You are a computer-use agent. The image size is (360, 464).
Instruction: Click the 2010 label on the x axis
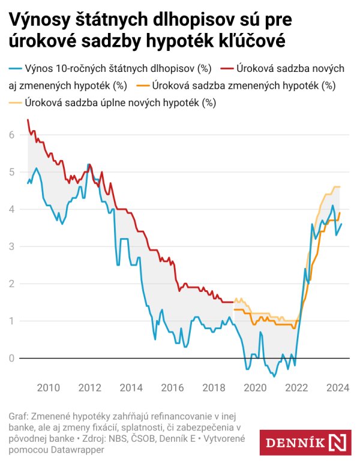48,387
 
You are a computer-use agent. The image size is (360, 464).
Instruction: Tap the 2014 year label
131,387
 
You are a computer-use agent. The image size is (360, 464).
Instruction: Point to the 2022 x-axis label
296,387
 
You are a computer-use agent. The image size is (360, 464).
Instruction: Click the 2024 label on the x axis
337,387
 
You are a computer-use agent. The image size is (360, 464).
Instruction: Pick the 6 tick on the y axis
11,135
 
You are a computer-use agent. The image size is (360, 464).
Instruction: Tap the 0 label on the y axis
11,358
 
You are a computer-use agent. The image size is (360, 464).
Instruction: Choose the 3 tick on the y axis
11,246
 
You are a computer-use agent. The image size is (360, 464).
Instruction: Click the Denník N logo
306,443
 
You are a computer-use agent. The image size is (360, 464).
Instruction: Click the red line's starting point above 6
28,120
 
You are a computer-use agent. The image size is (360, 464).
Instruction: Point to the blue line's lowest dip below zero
274,376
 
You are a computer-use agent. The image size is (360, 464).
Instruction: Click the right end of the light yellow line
340,186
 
